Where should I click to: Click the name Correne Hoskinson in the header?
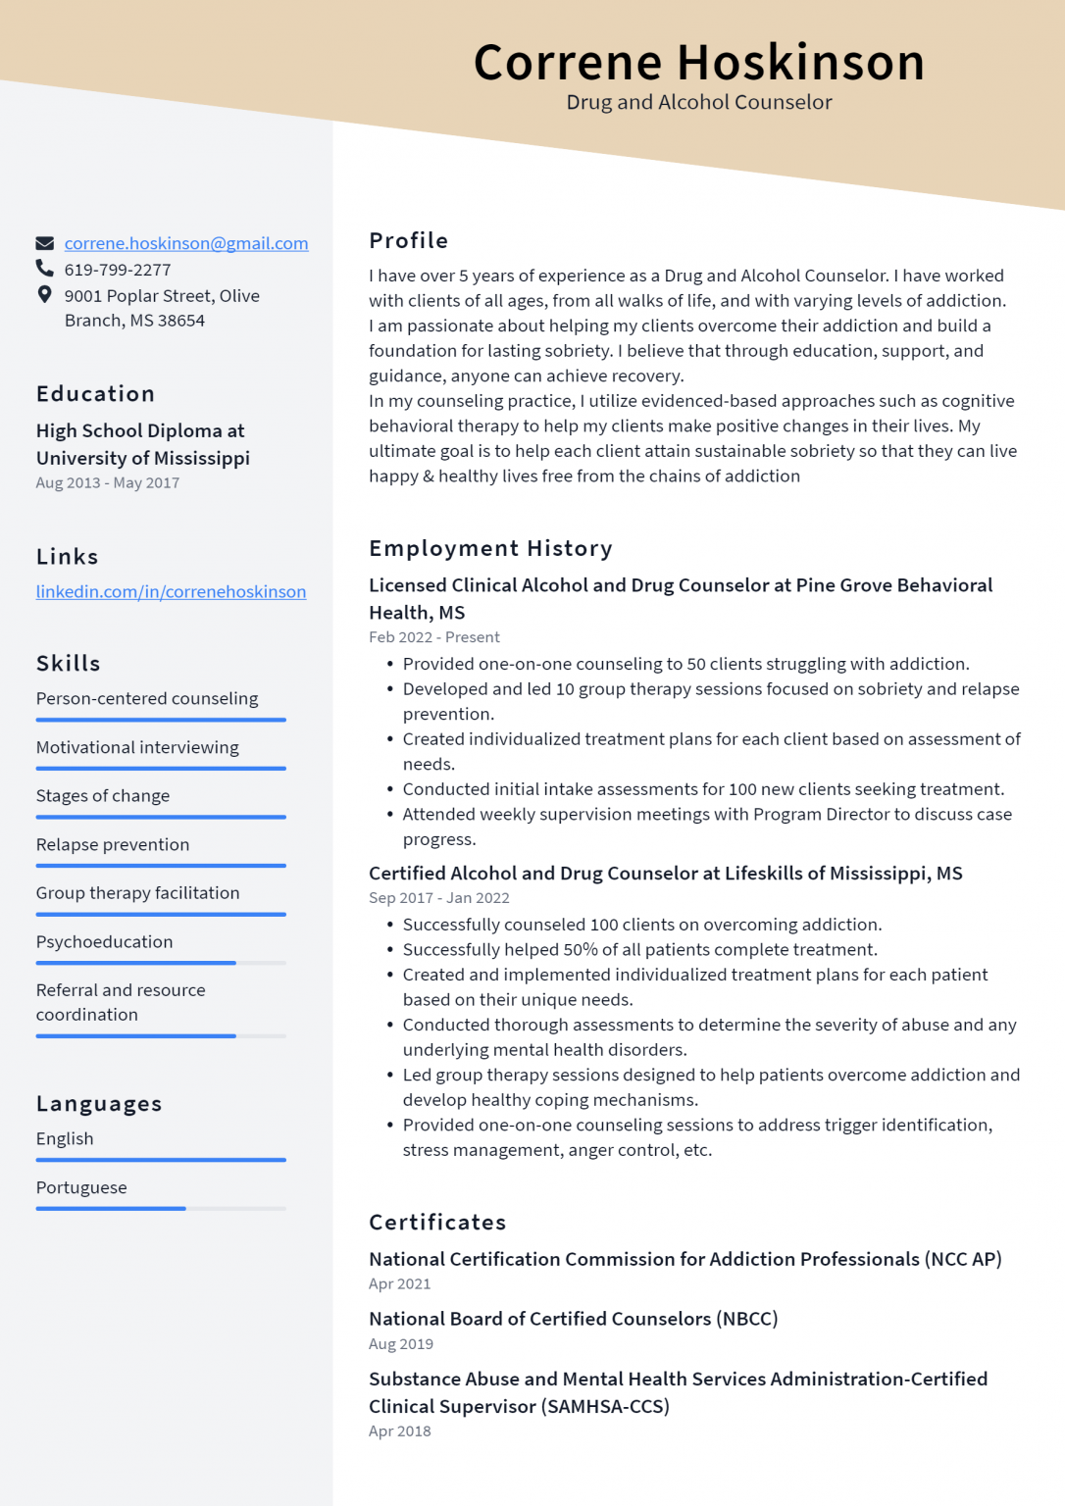(x=698, y=63)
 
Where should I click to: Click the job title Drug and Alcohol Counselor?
(x=698, y=102)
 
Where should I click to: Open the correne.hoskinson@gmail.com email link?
(x=186, y=243)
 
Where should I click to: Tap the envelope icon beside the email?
(x=45, y=243)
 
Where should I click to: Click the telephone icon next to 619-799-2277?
(x=45, y=268)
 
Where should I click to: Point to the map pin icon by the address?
(x=44, y=294)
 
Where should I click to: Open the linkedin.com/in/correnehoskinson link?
(x=171, y=591)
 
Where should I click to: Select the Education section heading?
(x=95, y=394)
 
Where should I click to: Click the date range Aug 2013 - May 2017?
(x=108, y=482)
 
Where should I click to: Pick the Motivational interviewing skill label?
(x=137, y=747)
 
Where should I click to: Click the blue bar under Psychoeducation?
(x=136, y=963)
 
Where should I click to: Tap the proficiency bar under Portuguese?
(x=111, y=1208)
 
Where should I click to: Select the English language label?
(x=65, y=1138)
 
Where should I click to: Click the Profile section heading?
(x=408, y=240)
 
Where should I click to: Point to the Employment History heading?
(x=490, y=548)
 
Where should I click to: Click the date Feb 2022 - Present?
(x=433, y=637)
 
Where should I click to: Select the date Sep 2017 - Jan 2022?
(x=438, y=898)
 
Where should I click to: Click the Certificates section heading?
(x=437, y=1222)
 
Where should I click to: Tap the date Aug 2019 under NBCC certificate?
(x=400, y=1344)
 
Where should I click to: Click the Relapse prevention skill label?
(x=113, y=844)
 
